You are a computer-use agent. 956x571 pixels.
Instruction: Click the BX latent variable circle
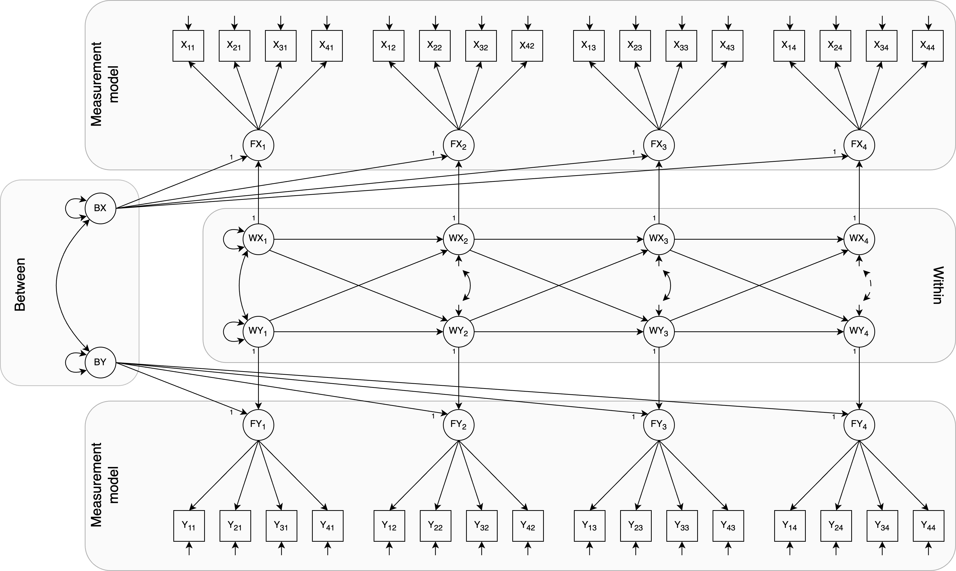[100, 208]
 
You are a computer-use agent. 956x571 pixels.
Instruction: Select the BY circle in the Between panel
[100, 362]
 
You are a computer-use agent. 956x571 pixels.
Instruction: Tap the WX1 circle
[258, 239]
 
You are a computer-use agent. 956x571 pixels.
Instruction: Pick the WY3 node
[659, 332]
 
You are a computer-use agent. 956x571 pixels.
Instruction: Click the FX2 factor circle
[458, 145]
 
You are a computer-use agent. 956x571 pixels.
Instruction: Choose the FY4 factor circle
[859, 425]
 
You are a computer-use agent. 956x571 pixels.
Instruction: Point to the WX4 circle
[859, 239]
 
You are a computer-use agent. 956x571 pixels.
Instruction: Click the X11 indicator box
[188, 46]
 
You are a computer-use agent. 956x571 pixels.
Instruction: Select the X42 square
[527, 46]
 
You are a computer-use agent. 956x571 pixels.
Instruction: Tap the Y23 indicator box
[636, 526]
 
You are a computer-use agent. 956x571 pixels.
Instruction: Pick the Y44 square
[928, 526]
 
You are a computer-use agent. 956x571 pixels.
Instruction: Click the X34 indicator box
[881, 46]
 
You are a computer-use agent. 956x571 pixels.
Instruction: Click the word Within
[938, 285]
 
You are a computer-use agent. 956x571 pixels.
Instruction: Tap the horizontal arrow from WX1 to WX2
[358, 239]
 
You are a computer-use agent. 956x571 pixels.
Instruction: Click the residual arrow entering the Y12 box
[389, 548]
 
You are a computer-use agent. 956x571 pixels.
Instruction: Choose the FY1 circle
[258, 425]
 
